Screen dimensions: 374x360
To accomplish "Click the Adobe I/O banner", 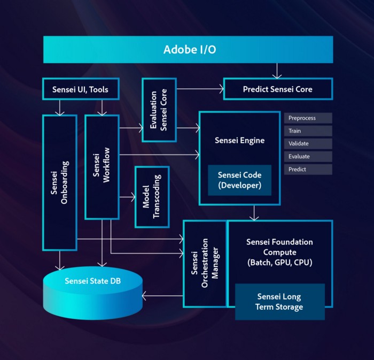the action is [x=188, y=49].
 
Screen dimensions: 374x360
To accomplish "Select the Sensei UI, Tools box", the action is [x=81, y=89].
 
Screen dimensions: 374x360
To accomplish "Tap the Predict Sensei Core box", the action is [x=278, y=89].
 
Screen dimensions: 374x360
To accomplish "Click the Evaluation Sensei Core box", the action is [x=159, y=110].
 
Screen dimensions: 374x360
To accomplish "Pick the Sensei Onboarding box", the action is [x=60, y=182].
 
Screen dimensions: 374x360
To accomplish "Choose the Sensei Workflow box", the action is [x=102, y=167].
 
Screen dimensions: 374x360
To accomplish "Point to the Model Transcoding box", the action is [x=152, y=197].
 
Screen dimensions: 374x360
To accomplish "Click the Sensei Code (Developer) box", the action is [x=239, y=180].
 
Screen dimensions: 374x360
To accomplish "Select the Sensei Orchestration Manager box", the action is [x=205, y=264].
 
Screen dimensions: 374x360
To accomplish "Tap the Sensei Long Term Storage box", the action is [x=280, y=302].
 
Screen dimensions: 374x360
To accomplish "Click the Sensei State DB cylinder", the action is [x=93, y=293].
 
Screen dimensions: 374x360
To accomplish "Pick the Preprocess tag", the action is [x=308, y=118].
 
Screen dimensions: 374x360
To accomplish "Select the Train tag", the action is [x=308, y=131].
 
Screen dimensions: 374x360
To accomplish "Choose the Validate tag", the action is [x=308, y=143].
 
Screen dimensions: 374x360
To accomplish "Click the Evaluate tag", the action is [x=308, y=156].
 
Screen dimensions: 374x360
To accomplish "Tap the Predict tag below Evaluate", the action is [x=308, y=169].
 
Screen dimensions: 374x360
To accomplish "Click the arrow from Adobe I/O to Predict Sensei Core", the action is [x=277, y=71].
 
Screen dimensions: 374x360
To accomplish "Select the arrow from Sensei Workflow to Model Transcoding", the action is [x=127, y=197].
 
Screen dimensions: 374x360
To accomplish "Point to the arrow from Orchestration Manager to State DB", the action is [x=162, y=296].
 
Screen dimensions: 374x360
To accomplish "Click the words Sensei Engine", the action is [x=239, y=140].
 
